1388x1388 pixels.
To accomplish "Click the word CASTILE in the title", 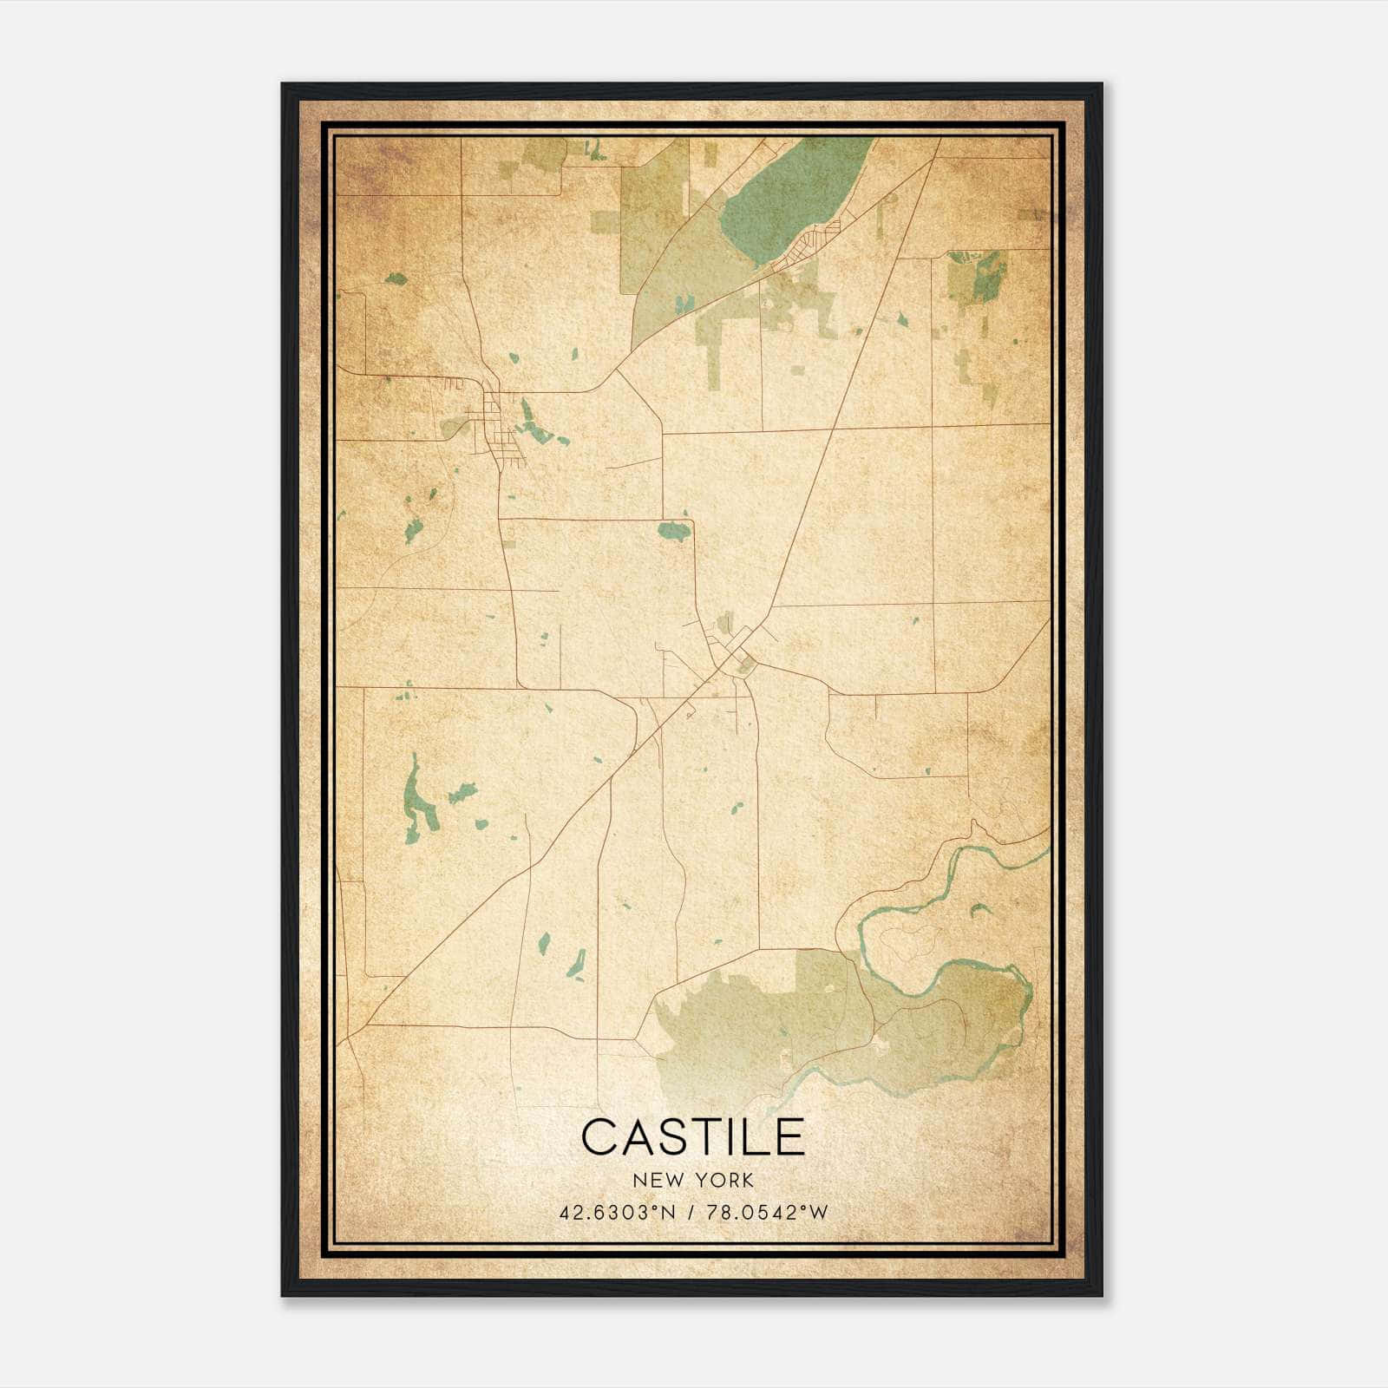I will [x=692, y=1137].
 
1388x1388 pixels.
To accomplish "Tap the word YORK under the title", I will [x=724, y=1181].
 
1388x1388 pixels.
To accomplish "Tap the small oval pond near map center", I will [x=674, y=530].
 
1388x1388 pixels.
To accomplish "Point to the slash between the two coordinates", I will [x=692, y=1213].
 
